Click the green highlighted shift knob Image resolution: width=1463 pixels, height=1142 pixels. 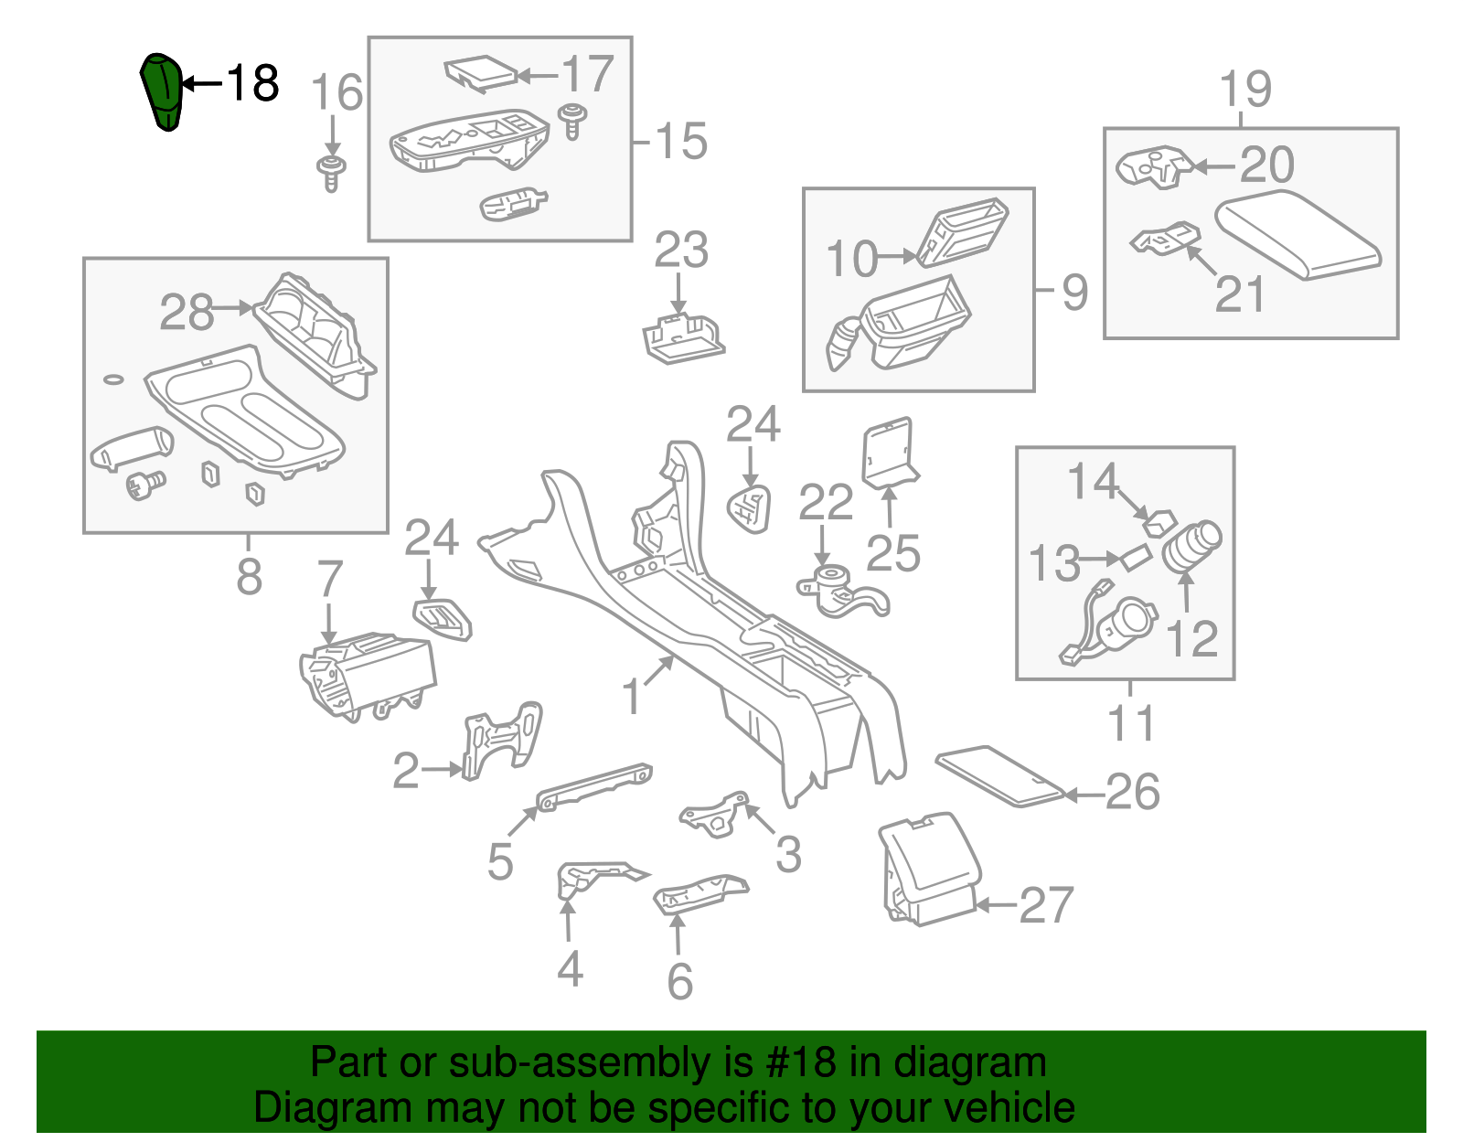coord(163,91)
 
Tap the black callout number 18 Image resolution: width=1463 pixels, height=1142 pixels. coord(251,83)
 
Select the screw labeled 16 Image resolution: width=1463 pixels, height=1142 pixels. coord(331,172)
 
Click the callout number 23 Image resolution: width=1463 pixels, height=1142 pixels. coord(681,251)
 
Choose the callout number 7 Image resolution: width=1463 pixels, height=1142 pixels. coord(329,580)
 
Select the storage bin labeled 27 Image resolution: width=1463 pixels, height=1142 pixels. coord(929,870)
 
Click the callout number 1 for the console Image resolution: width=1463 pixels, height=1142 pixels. coord(631,697)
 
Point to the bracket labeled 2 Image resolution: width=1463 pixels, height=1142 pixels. coord(501,740)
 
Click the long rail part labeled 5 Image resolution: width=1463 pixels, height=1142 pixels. coord(594,785)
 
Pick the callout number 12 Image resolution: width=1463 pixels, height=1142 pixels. coord(1192,638)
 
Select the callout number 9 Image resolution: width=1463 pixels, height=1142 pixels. coord(1075,293)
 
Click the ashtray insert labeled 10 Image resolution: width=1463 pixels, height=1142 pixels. coord(962,232)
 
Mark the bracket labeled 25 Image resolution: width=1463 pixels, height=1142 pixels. coord(890,454)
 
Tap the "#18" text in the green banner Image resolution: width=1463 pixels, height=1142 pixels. coord(796,1062)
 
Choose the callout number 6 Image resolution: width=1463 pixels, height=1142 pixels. coord(679,981)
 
